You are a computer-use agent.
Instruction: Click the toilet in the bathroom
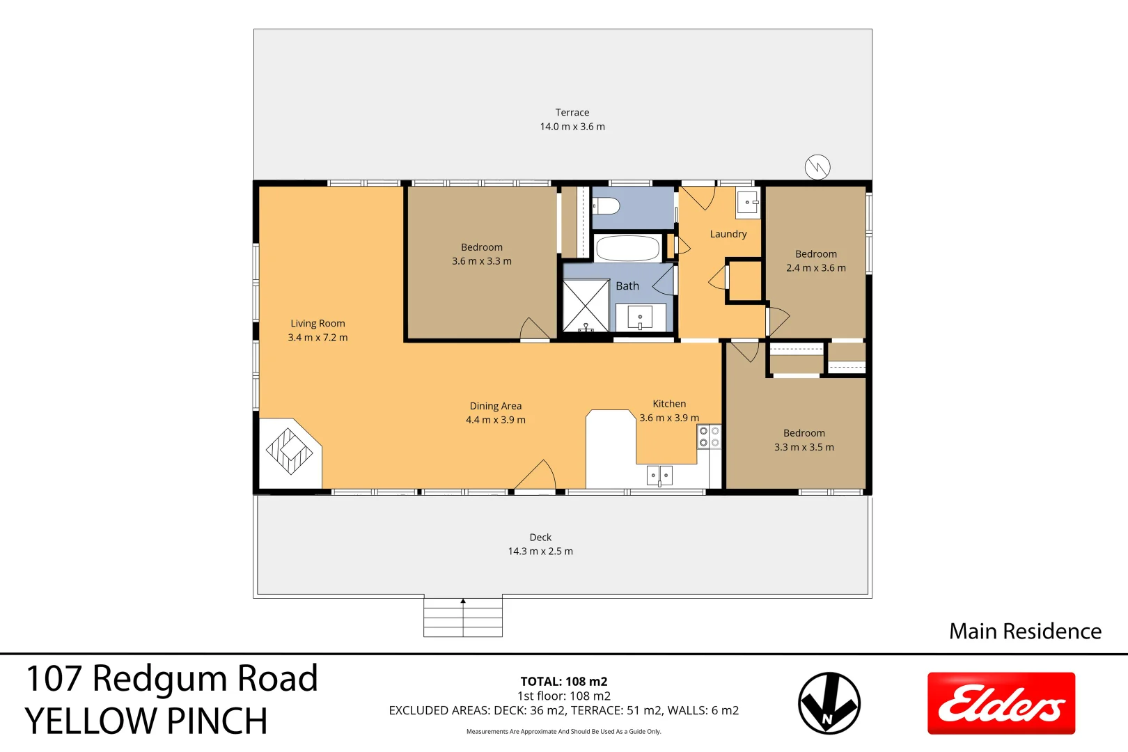pyautogui.click(x=606, y=206)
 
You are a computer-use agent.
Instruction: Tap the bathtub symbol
pyautogui.click(x=627, y=248)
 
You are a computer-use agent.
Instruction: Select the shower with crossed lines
pyautogui.click(x=586, y=306)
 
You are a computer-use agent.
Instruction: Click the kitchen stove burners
pyautogui.click(x=709, y=437)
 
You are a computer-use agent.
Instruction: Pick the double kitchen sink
pyautogui.click(x=659, y=476)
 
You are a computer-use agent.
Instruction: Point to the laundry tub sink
pyautogui.click(x=748, y=204)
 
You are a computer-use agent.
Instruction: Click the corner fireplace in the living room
pyautogui.click(x=290, y=451)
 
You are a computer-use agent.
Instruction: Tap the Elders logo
pyautogui.click(x=1001, y=703)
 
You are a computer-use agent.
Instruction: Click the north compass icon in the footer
pyautogui.click(x=829, y=703)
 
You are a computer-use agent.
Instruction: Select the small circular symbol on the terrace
pyautogui.click(x=817, y=167)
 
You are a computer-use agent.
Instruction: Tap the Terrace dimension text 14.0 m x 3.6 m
pyautogui.click(x=572, y=127)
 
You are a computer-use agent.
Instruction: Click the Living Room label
pyautogui.click(x=318, y=323)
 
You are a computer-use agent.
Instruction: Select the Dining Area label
pyautogui.click(x=495, y=406)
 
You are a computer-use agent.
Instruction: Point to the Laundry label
pyautogui.click(x=728, y=234)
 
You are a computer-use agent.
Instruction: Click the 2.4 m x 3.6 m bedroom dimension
pyautogui.click(x=816, y=268)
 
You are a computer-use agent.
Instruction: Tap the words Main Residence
pyautogui.click(x=1025, y=631)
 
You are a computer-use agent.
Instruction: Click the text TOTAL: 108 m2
pyautogui.click(x=563, y=682)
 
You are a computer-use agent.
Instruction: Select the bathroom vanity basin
pyautogui.click(x=640, y=318)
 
